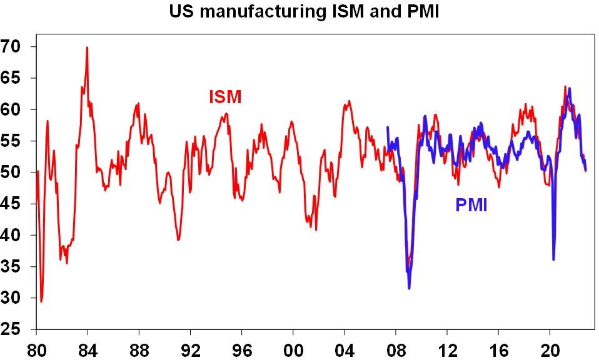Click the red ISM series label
tap(224, 97)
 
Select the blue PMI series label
tap(471, 204)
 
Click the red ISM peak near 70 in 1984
tap(87, 47)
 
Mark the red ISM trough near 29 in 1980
tap(41, 301)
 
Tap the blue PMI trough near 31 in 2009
tap(409, 288)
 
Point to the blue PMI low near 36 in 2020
tap(553, 259)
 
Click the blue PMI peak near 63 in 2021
tap(569, 88)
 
